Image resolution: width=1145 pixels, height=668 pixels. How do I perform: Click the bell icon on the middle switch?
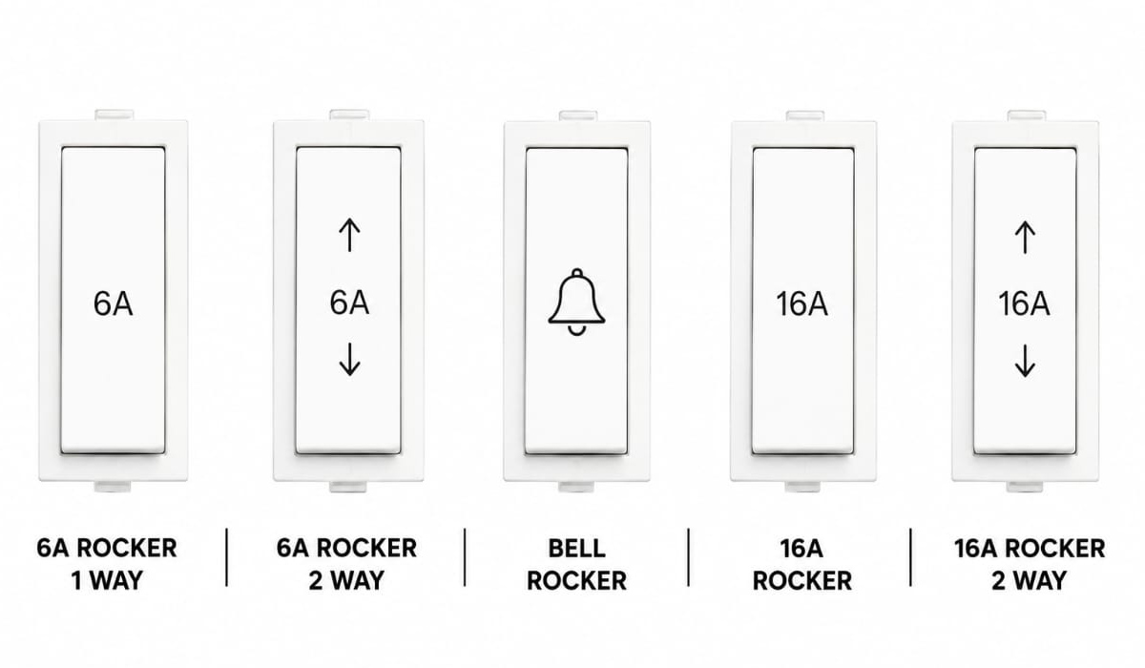click(576, 302)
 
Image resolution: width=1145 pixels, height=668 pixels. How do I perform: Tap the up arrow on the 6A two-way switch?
click(349, 235)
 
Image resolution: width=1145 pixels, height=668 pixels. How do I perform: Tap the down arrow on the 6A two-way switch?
click(349, 360)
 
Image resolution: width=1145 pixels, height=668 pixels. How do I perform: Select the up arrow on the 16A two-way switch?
click(1025, 238)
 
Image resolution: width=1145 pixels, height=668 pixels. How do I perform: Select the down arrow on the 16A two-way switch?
click(1025, 361)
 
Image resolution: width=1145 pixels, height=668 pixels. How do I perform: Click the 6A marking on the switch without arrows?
click(113, 303)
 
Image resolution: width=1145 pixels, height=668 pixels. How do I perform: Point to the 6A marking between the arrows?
click(349, 303)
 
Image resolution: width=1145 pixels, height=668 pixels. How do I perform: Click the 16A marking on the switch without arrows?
click(802, 303)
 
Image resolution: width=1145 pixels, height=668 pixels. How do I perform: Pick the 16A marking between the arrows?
click(1025, 303)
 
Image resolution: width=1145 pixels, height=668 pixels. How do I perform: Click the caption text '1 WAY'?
click(107, 580)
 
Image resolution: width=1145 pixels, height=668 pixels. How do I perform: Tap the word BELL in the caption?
click(576, 549)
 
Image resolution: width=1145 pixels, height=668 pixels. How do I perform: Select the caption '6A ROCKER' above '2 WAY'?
click(346, 549)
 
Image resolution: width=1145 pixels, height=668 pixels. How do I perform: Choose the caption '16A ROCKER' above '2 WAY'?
click(1030, 549)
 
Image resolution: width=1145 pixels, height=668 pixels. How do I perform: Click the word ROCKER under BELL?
click(576, 580)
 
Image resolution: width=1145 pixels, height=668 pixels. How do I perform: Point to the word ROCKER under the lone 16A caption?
click(802, 580)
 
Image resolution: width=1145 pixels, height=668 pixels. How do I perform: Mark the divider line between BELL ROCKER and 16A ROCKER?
click(688, 557)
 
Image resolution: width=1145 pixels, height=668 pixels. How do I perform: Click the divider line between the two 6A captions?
click(226, 557)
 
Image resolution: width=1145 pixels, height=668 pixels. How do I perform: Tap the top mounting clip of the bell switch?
click(577, 115)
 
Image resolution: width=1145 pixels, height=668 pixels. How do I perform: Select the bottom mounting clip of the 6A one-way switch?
click(113, 486)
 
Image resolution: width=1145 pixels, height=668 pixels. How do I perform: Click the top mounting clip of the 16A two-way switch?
click(1027, 115)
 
